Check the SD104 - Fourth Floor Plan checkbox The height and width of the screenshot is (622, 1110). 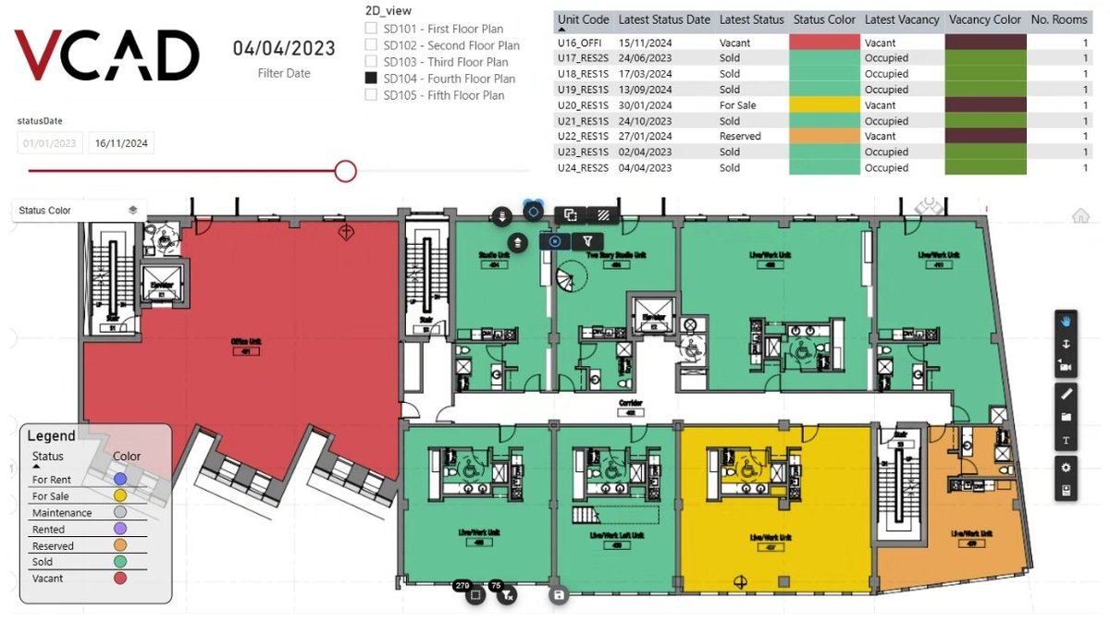coord(371,79)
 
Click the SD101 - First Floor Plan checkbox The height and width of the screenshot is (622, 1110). coord(371,29)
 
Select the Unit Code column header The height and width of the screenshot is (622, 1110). coord(583,19)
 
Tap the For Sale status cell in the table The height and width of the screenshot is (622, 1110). coord(738,105)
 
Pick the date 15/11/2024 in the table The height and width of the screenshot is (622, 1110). coord(652,43)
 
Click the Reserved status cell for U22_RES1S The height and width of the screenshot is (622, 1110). coord(740,136)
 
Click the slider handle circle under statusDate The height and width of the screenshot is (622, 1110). coord(346,171)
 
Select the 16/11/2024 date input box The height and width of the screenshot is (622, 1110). coord(121,143)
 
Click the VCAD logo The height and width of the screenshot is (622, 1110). coord(107,55)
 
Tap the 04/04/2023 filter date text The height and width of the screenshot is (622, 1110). coord(284,48)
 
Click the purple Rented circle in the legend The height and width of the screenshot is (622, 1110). coord(119,530)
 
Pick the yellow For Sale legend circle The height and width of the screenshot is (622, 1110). coord(119,496)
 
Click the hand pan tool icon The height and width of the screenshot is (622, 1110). coord(1066,321)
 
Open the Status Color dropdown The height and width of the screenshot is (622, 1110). coord(79,211)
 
